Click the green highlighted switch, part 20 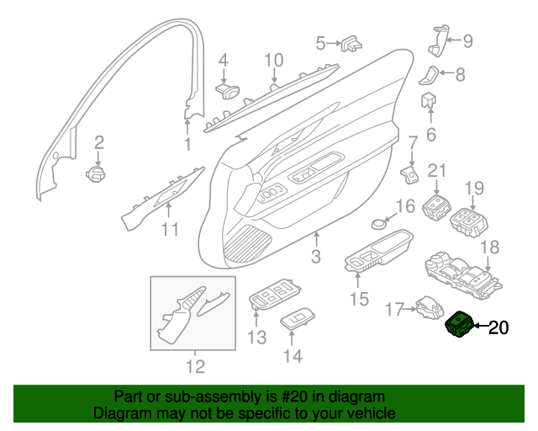pos(459,324)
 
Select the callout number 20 pos(498,328)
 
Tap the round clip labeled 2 pos(96,173)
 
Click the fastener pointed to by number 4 pos(228,91)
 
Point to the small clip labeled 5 pos(351,43)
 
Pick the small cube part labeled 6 pos(429,99)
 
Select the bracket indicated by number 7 pos(409,174)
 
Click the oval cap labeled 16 pos(379,225)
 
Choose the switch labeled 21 pos(436,207)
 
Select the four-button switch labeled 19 pos(469,222)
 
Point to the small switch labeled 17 pos(430,307)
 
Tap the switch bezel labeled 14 pos(298,318)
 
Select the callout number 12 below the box pos(196,367)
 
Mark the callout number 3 pos(316,257)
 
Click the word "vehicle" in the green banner pos(370,412)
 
